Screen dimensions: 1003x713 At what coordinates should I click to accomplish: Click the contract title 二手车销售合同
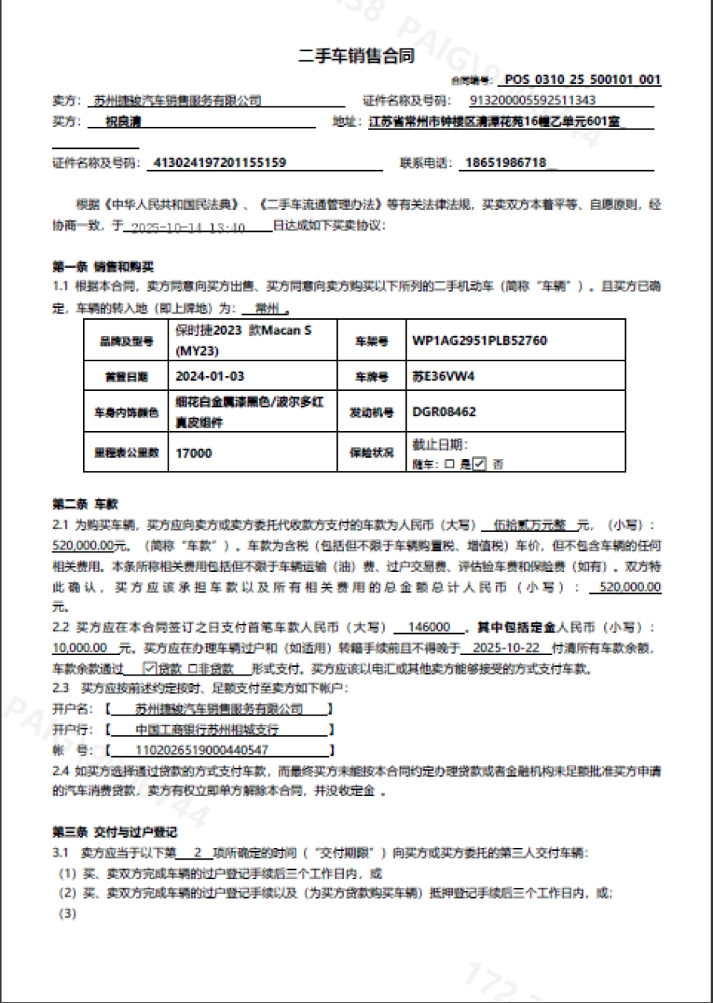tap(356, 56)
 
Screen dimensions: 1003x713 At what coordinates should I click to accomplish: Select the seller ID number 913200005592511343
tap(533, 100)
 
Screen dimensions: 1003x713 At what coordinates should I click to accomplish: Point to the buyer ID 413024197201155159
tap(220, 163)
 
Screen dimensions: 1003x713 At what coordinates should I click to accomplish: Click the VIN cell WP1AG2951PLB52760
tap(480, 341)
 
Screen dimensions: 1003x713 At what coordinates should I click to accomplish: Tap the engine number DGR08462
tap(444, 411)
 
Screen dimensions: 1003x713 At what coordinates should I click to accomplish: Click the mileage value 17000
tap(194, 453)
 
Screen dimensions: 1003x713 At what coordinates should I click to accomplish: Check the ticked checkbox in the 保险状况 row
tap(480, 463)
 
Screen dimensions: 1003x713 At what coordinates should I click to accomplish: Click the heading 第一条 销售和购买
tap(103, 267)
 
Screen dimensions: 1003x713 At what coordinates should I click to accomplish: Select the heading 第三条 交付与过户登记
tap(114, 831)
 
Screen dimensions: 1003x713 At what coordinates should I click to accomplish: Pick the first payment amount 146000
tap(430, 628)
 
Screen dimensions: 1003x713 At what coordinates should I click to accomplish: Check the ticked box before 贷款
tap(151, 668)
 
